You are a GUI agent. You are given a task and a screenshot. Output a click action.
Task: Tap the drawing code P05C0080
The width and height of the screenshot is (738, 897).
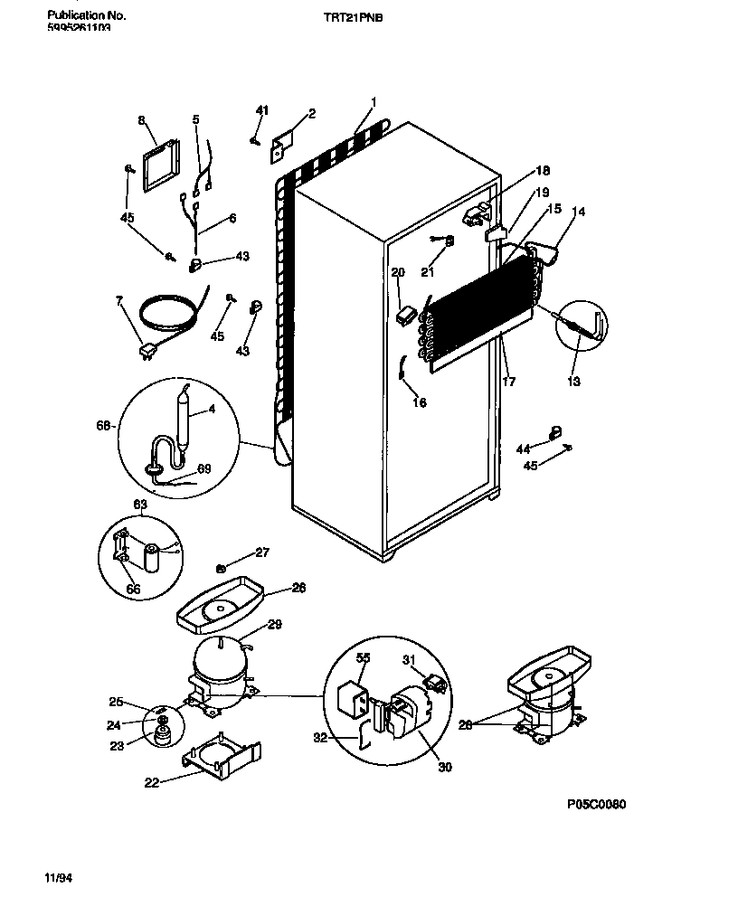(596, 804)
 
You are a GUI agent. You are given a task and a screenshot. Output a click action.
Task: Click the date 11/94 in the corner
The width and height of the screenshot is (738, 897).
(57, 878)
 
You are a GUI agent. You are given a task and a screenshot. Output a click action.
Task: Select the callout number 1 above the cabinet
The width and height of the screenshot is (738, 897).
(373, 101)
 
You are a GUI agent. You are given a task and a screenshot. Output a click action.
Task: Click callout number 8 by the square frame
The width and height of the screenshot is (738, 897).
(141, 119)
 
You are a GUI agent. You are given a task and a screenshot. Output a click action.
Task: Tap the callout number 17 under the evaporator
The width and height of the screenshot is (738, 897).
(508, 382)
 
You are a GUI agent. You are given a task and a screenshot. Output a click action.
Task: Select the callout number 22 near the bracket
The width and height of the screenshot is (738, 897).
(152, 783)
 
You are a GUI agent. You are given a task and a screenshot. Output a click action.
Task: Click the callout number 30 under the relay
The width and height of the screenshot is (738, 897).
(443, 768)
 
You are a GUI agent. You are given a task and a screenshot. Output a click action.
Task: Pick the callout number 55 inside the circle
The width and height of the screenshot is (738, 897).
(362, 658)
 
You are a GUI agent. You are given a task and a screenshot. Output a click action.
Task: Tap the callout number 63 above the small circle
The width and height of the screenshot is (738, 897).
(140, 505)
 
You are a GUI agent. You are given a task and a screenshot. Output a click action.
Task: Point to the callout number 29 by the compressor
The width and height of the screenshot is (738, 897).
(274, 624)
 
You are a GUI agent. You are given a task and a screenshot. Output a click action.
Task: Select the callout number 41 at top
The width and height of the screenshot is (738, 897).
(261, 110)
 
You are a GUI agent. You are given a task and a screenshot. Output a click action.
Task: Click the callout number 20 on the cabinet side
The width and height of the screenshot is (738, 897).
(397, 272)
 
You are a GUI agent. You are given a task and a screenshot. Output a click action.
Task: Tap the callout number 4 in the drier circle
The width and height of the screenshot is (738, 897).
(212, 408)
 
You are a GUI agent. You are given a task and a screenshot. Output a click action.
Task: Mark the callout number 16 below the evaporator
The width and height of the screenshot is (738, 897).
(419, 403)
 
